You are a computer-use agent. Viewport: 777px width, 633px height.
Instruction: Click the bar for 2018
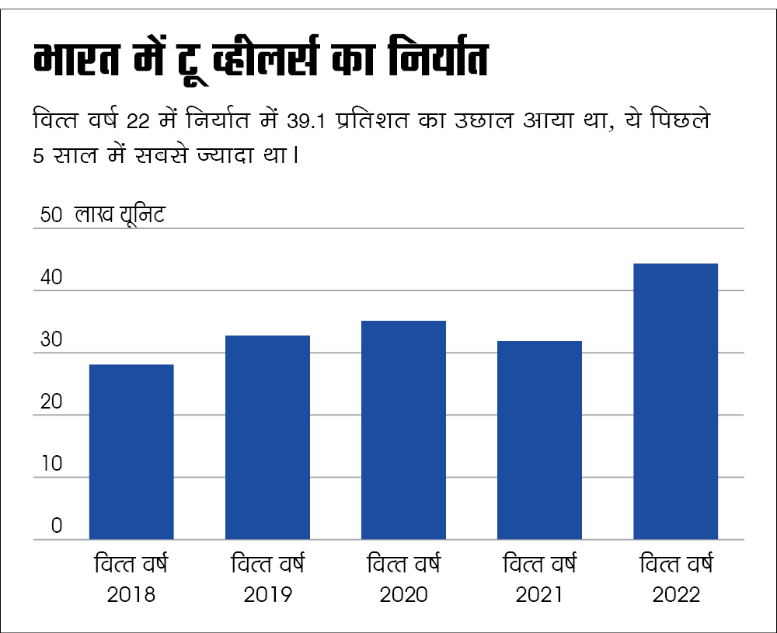[131, 451]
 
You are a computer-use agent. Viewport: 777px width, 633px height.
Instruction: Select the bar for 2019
[267, 436]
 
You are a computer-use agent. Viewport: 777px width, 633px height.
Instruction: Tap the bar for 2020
[403, 430]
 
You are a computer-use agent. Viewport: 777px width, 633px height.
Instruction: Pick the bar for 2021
[539, 440]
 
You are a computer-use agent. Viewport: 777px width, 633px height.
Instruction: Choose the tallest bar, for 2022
[675, 401]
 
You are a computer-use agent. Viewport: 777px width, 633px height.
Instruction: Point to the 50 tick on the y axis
[51, 215]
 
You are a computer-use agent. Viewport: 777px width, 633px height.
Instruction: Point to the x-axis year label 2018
[131, 596]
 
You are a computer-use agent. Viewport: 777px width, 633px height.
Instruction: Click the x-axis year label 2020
[403, 596]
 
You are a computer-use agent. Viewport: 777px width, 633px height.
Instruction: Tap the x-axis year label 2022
[676, 596]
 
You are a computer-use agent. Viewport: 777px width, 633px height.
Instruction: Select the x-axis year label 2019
[267, 596]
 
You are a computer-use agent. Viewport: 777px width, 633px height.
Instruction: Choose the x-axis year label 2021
[539, 596]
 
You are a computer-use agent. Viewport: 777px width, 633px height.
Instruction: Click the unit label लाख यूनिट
[120, 215]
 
